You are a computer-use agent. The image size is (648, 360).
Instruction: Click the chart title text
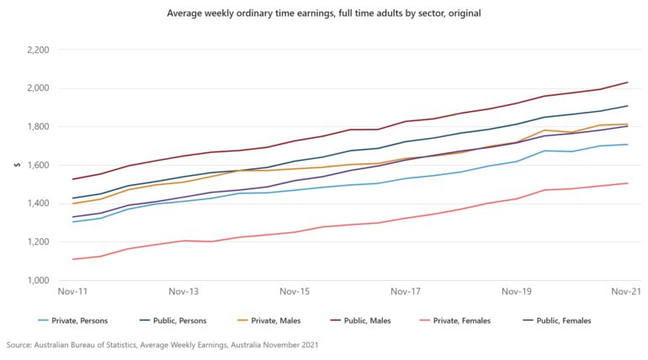(323, 14)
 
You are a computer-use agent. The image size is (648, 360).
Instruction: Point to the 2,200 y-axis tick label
(37, 50)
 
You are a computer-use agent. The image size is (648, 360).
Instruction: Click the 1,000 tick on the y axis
(37, 280)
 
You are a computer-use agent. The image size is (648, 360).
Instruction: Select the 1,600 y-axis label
(37, 165)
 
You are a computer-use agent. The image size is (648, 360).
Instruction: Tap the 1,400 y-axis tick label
(37, 204)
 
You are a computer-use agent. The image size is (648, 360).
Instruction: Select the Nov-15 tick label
(295, 292)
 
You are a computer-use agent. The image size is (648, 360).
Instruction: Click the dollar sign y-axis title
(14, 165)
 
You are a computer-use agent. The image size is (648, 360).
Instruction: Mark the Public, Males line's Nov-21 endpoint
(628, 82)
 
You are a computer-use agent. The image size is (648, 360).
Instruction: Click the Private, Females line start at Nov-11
(73, 259)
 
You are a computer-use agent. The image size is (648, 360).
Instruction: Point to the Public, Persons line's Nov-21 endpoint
(628, 106)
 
